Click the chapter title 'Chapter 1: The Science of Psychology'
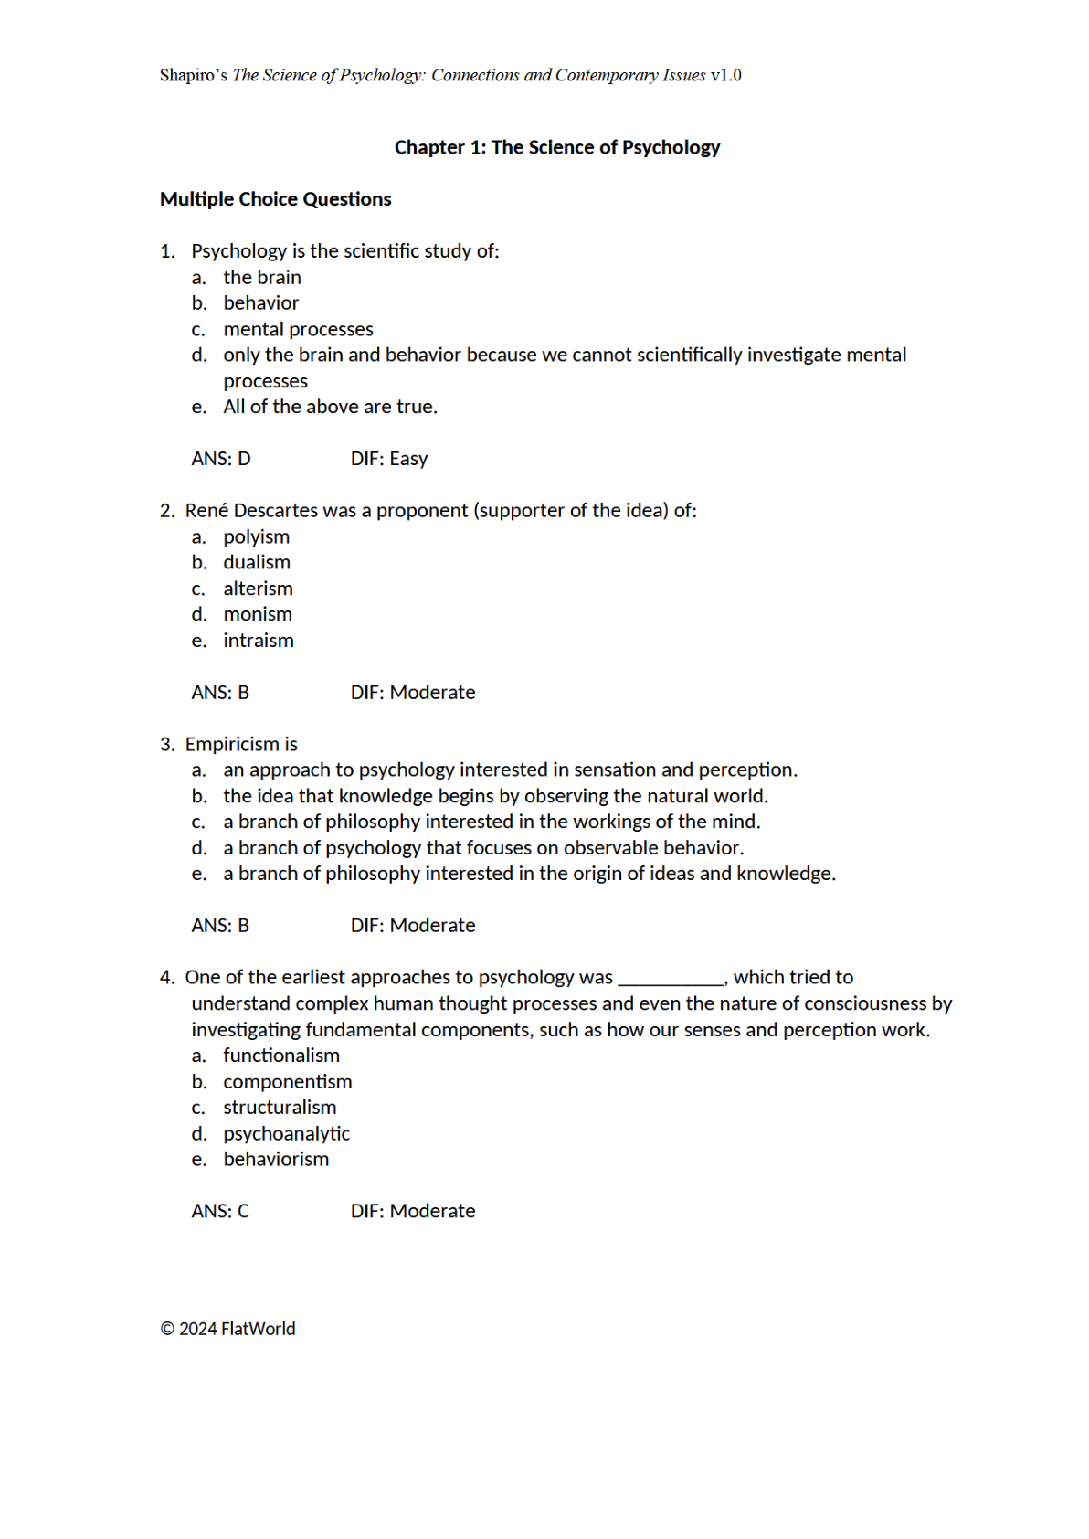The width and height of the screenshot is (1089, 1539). [x=556, y=147]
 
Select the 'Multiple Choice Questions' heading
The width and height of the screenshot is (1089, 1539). [x=275, y=199]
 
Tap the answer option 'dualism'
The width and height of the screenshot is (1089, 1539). [x=257, y=562]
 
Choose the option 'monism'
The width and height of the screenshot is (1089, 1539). [x=258, y=614]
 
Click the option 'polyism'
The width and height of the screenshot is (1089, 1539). [x=256, y=536]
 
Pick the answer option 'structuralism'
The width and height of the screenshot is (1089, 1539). [x=280, y=1107]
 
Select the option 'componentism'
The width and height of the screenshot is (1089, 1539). [x=287, y=1081]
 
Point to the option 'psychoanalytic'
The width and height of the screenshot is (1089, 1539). [x=286, y=1133]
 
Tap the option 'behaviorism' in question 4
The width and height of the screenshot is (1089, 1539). [x=276, y=1159]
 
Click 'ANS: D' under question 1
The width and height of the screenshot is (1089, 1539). [x=221, y=459]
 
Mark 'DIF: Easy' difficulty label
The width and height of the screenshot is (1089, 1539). [x=389, y=459]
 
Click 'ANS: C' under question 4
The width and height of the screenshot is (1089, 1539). [x=220, y=1211]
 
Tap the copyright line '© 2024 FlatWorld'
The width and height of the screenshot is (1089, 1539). [x=228, y=1329]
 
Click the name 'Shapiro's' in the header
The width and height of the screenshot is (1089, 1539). [x=194, y=75]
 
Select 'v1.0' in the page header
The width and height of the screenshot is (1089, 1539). [x=725, y=75]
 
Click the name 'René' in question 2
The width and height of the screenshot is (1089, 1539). [x=206, y=510]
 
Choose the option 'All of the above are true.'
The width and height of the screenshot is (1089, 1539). [x=330, y=407]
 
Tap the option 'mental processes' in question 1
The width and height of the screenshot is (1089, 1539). [x=298, y=329]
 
